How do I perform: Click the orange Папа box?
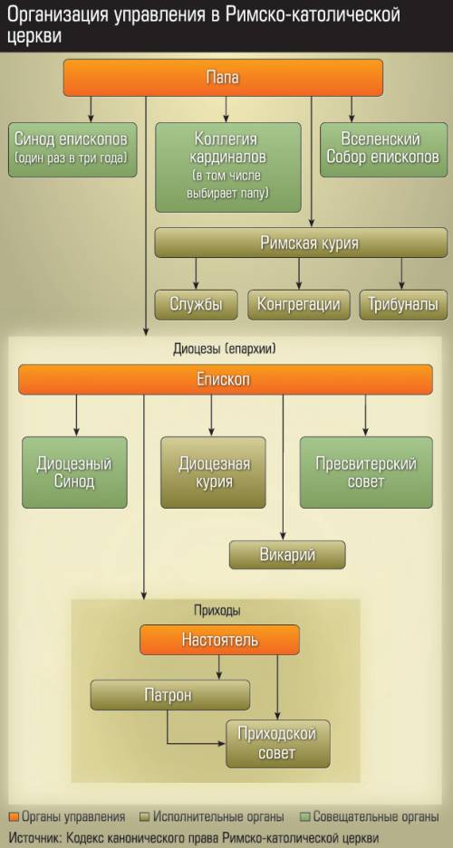coord(223,77)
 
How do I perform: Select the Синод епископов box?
coord(72,150)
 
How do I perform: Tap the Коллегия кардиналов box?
coord(227,167)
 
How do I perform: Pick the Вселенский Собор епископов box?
coord(383,150)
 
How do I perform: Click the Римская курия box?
coord(301,243)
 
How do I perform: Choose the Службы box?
coord(197,304)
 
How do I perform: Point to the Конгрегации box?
coord(299,304)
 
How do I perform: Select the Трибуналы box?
coord(403,304)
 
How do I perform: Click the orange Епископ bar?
coord(226,379)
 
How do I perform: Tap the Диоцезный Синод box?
coord(74,472)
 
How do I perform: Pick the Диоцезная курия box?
coord(213,472)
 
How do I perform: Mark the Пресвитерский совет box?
coord(366,472)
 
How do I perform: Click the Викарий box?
coord(287,555)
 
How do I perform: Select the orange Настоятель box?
coord(220,640)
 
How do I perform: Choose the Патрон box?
coord(170,695)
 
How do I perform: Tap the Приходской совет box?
coord(277,744)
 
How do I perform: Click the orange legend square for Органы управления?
coord(14,816)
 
